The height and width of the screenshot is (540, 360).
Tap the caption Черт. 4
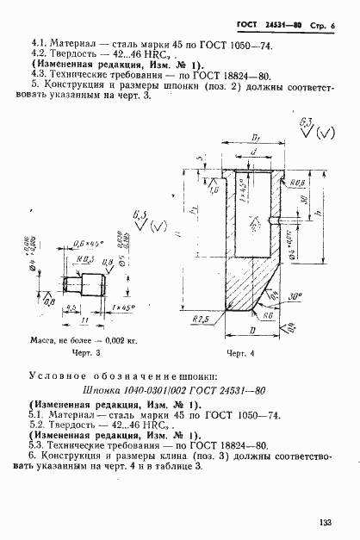point(243,353)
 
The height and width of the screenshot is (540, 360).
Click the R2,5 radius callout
point(202,318)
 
